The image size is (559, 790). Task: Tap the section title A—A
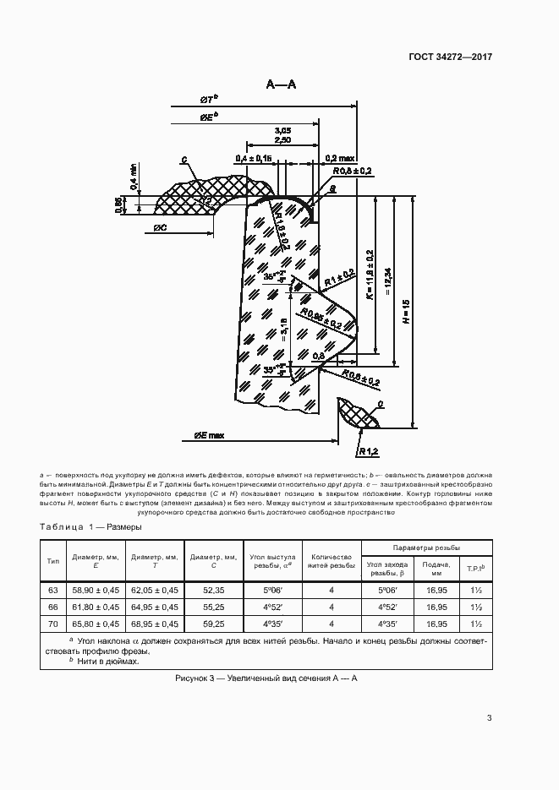coord(281,84)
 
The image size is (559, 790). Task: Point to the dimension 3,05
coord(283,129)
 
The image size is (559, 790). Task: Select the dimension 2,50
coord(283,140)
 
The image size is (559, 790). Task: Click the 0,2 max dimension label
coord(339,158)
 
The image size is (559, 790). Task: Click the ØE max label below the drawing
coord(208,436)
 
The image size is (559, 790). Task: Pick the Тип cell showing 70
coord(52,624)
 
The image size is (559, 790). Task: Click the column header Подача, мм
coord(436,569)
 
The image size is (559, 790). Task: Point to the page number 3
coord(489,718)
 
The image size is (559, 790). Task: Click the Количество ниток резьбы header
coord(332,563)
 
